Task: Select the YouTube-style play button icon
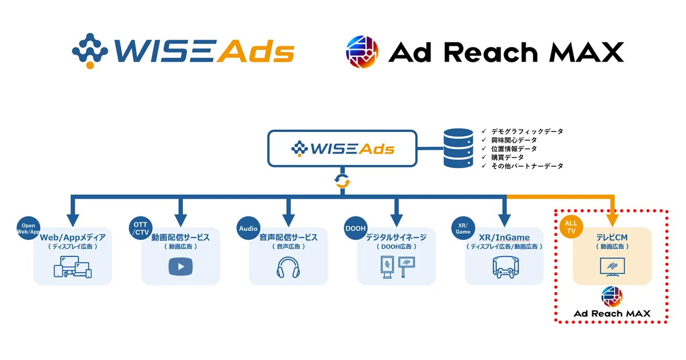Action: [180, 267]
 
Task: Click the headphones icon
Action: [288, 267]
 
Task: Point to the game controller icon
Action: [504, 267]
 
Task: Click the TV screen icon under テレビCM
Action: [612, 267]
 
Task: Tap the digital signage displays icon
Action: [396, 267]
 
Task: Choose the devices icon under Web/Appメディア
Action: [73, 267]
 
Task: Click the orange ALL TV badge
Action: [571, 227]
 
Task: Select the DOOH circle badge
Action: [356, 228]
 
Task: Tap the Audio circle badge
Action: [248, 228]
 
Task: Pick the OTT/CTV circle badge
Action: [141, 228]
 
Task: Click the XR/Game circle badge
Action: [463, 228]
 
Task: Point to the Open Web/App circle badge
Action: [29, 228]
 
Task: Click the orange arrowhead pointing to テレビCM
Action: [612, 219]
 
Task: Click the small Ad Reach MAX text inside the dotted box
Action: [612, 313]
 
